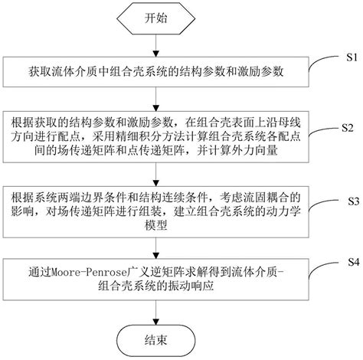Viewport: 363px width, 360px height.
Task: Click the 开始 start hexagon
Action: coord(155,18)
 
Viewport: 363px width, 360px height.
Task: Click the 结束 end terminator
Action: coord(155,340)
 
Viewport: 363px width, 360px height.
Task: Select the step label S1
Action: coord(352,57)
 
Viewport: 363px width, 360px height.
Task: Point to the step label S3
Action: coord(354,201)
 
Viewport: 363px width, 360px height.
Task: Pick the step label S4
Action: coord(354,262)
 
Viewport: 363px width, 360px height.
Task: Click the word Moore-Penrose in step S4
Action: coord(89,273)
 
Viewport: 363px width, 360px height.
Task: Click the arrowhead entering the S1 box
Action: coord(155,54)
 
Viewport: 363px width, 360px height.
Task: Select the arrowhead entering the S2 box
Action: coord(155,108)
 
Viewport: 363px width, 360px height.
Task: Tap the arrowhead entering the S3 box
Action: coord(155,183)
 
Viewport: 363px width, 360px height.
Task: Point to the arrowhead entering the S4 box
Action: coord(155,256)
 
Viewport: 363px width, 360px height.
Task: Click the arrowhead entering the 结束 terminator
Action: coord(155,322)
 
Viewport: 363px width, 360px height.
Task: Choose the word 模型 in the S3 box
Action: coord(156,225)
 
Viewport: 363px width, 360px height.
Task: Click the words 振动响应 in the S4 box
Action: coord(191,286)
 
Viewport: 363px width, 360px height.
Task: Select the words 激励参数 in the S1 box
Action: coord(260,72)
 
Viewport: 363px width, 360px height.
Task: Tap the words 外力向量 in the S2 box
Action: coord(255,151)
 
